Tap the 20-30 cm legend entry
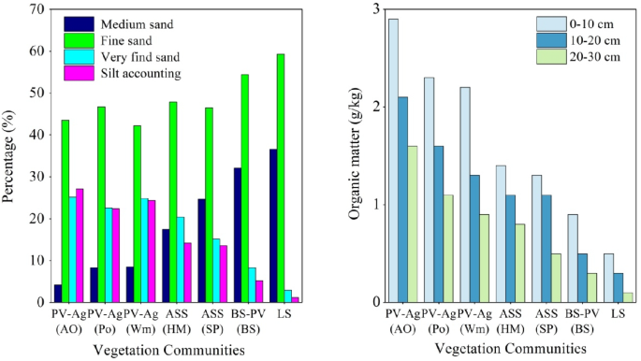click(569, 56)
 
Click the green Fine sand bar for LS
click(281, 178)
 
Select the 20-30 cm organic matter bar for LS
click(627, 297)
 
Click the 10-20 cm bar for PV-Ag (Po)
click(439, 224)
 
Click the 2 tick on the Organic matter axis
click(376, 107)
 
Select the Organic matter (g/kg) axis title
click(356, 156)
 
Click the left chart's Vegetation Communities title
click(169, 350)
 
